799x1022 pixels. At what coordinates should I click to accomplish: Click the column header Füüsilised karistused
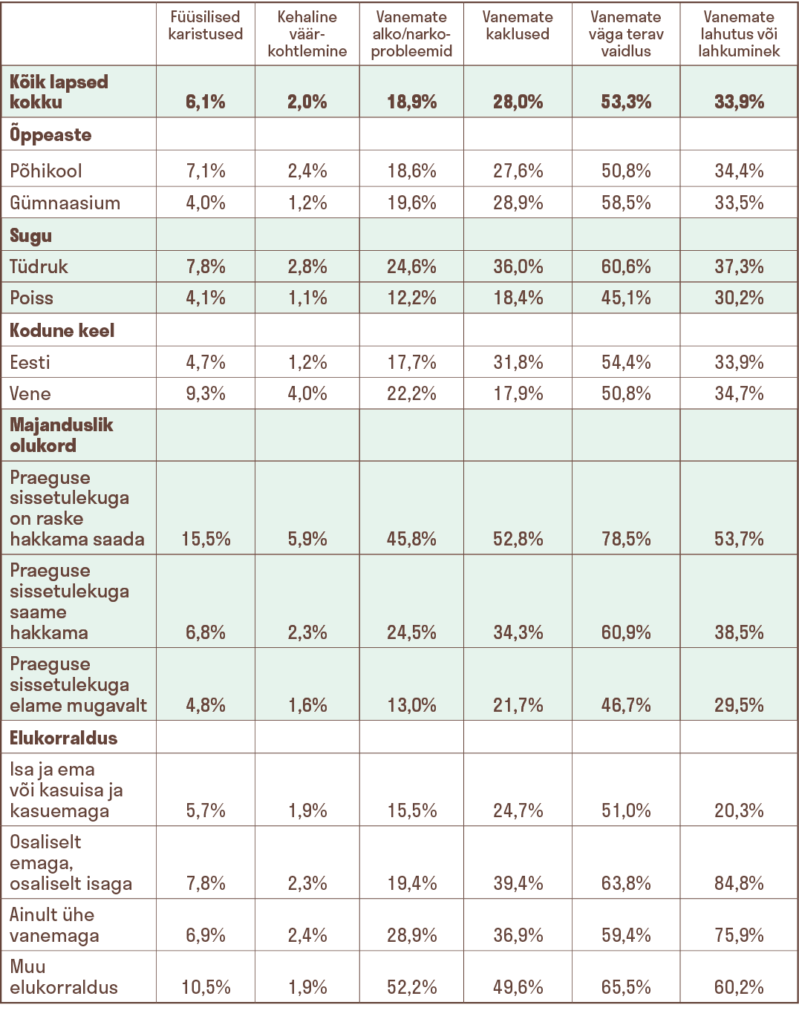(x=206, y=25)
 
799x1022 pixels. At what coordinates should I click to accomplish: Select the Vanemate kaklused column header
(x=518, y=25)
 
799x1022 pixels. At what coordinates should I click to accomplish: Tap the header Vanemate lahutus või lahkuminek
(x=739, y=34)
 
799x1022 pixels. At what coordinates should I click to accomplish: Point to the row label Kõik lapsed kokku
(x=59, y=92)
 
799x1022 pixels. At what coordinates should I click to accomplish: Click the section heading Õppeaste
(x=50, y=135)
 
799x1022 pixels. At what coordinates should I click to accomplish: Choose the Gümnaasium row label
(x=65, y=203)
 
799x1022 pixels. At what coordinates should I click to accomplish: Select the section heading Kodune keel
(x=62, y=330)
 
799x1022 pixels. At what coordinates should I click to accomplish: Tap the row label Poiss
(x=32, y=298)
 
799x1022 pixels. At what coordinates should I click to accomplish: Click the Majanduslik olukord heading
(x=62, y=435)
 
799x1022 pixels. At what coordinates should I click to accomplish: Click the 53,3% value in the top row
(x=626, y=102)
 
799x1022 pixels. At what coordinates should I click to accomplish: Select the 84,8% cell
(x=739, y=883)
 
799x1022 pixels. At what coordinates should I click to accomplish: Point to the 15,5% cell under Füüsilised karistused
(x=206, y=539)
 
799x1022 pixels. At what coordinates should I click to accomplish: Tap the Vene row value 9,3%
(x=206, y=393)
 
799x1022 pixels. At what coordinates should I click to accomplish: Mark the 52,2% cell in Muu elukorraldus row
(x=411, y=987)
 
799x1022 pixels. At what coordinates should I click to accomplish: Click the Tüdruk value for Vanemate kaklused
(x=518, y=266)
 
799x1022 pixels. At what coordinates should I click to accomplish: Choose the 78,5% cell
(x=626, y=539)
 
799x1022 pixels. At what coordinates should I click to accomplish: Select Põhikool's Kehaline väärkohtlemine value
(x=307, y=171)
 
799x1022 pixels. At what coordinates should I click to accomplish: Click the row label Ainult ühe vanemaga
(x=54, y=925)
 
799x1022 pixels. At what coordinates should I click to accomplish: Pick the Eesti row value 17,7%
(x=411, y=362)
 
